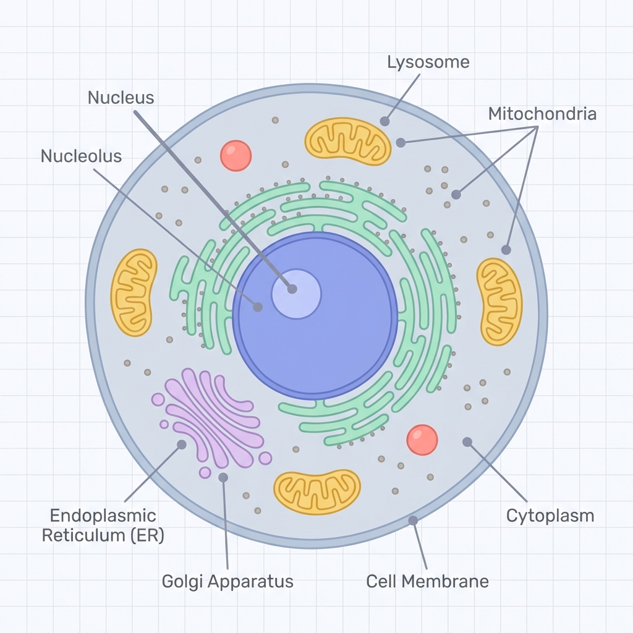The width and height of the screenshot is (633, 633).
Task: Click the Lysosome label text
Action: tap(428, 62)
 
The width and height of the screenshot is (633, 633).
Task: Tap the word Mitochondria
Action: tap(542, 114)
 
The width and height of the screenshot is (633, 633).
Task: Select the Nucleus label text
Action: tap(121, 98)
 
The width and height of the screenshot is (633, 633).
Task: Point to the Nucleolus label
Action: tap(81, 156)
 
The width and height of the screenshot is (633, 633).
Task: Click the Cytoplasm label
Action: tap(550, 516)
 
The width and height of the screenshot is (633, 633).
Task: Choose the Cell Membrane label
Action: tap(427, 581)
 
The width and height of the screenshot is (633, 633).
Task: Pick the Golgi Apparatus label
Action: tap(227, 581)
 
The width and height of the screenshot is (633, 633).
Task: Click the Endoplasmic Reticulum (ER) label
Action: tap(103, 525)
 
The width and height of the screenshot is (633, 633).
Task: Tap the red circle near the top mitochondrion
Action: tap(236, 155)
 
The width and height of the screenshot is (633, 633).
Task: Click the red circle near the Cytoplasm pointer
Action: tap(422, 440)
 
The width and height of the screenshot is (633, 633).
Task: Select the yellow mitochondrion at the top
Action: tap(348, 142)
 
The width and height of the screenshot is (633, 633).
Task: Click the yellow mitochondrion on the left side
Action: tap(134, 292)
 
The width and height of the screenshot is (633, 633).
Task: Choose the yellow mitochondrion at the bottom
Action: tap(317, 491)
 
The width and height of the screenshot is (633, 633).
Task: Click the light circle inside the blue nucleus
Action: tap(297, 294)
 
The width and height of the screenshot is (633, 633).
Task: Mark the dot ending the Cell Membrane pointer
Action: tap(413, 520)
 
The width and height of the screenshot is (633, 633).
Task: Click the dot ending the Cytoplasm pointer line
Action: tap(467, 441)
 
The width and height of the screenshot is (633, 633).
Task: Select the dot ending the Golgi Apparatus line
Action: tap(223, 477)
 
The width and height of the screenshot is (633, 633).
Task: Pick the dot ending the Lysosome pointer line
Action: tap(384, 121)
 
